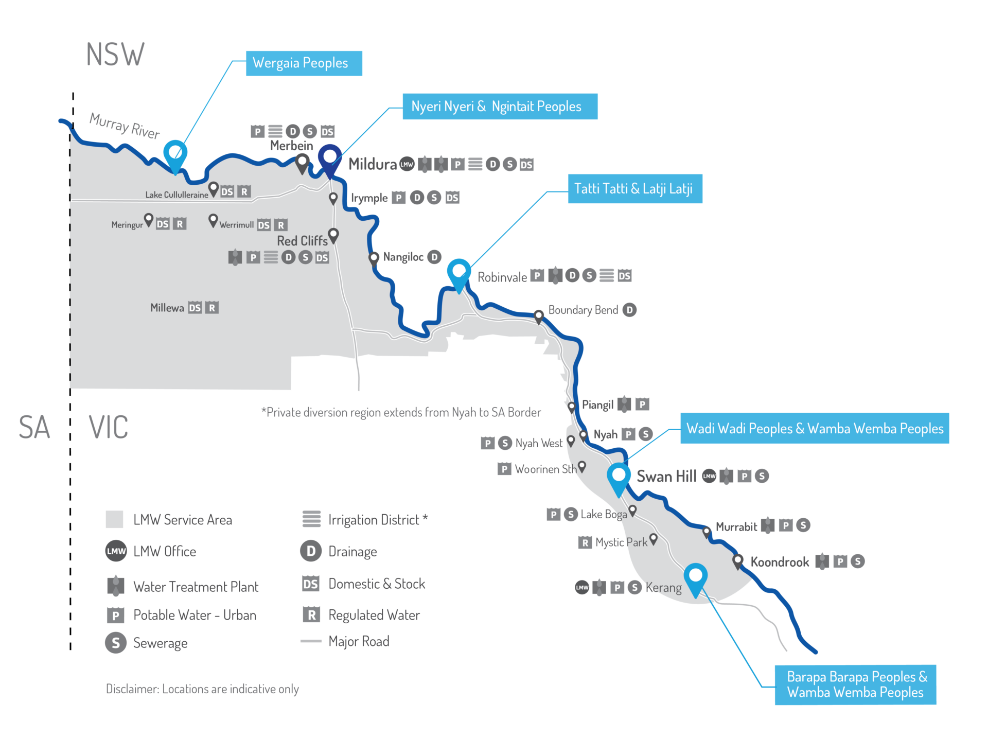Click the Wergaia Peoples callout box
[304, 63]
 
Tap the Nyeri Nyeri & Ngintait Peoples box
[500, 107]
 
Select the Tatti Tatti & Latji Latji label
[634, 189]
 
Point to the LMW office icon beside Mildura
[407, 164]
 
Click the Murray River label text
[125, 126]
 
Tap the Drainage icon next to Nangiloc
[435, 257]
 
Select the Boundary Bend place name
[583, 310]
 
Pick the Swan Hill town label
[666, 477]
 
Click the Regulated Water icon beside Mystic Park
[585, 542]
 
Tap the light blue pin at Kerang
[695, 577]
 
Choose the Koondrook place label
[780, 562]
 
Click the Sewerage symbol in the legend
[116, 643]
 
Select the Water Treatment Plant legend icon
[116, 586]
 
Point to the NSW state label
[115, 55]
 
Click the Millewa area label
[167, 308]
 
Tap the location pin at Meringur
[149, 220]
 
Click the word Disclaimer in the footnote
[132, 689]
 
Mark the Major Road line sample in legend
[311, 641]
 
